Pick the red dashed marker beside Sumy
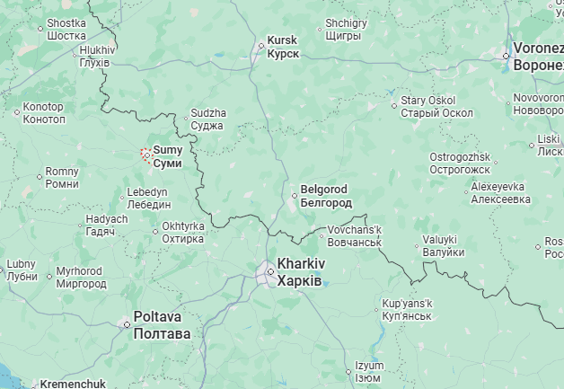click(x=146, y=155)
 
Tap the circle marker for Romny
click(x=40, y=178)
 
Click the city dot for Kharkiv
click(x=269, y=270)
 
